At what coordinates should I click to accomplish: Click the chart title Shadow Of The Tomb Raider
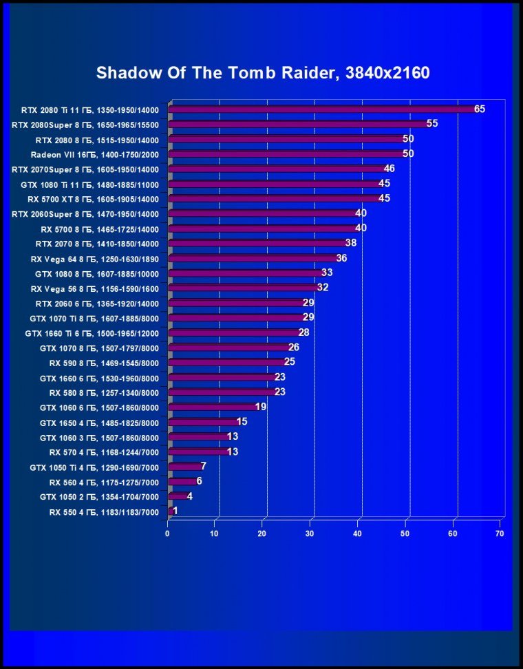click(x=263, y=73)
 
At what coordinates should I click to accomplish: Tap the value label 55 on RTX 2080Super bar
click(x=432, y=124)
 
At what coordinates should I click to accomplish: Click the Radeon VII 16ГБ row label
click(x=95, y=154)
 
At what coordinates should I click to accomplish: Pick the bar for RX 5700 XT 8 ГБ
click(x=275, y=199)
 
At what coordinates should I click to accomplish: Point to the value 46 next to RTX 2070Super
click(x=389, y=169)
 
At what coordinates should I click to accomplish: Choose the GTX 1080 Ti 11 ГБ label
click(x=89, y=184)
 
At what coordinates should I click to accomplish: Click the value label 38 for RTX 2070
click(x=350, y=244)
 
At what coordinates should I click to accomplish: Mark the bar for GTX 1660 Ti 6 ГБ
click(x=234, y=333)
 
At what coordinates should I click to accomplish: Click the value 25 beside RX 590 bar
click(x=290, y=363)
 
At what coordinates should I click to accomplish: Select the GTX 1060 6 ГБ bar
click(x=213, y=407)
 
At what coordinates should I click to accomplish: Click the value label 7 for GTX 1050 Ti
click(x=203, y=467)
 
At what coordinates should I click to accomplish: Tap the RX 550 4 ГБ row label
click(x=104, y=512)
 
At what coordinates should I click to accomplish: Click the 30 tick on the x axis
click(x=310, y=533)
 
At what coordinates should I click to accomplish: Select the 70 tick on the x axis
click(x=500, y=533)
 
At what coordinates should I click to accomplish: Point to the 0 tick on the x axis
click(x=167, y=533)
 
